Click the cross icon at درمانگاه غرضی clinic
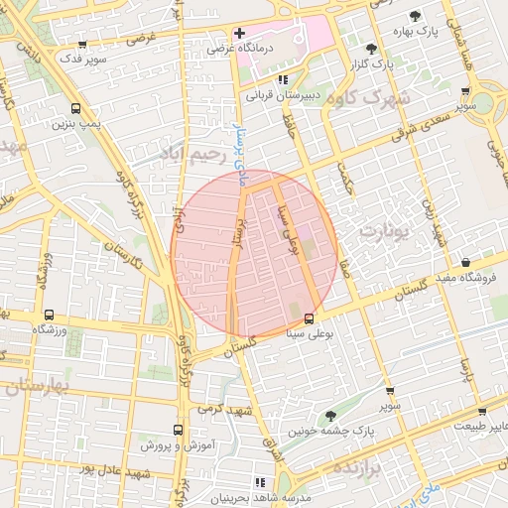click(238, 34)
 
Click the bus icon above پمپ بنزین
click(76, 108)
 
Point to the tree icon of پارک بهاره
click(415, 15)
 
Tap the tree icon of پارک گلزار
click(371, 49)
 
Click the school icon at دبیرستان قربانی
click(283, 79)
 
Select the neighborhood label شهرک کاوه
click(373, 98)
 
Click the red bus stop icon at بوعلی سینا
click(310, 319)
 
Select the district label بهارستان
click(31, 386)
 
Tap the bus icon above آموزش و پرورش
click(178, 431)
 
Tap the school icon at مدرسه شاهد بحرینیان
click(262, 482)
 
